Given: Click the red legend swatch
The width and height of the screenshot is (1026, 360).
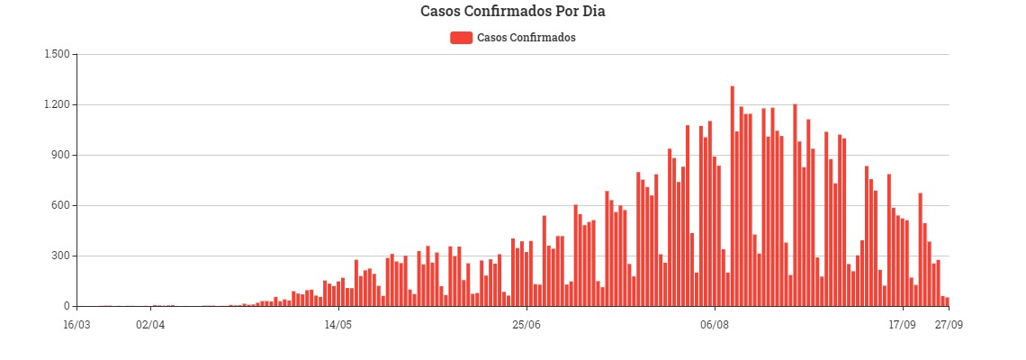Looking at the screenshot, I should (x=461, y=37).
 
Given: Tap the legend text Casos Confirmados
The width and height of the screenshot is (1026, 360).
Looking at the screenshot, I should (x=526, y=38).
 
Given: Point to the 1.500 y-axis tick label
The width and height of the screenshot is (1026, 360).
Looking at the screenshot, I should (x=56, y=54).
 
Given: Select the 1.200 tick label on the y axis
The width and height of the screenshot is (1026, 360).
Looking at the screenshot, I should (x=56, y=104).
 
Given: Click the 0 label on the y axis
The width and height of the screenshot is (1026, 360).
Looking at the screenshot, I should (x=66, y=306).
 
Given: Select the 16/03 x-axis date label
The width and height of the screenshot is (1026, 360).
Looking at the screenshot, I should (x=76, y=324).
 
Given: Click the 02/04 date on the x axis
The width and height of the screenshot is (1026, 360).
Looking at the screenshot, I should (x=150, y=324).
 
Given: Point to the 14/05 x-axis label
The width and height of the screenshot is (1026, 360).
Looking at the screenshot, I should (x=338, y=324).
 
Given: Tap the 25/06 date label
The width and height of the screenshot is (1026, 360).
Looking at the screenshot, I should (x=526, y=324).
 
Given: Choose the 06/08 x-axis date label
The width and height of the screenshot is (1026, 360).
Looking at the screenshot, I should (x=714, y=324).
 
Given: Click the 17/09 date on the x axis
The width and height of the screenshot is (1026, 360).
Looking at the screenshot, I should (x=902, y=324).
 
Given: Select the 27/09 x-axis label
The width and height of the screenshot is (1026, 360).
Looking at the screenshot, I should (x=947, y=324).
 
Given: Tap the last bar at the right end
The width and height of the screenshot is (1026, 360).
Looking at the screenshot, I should (x=947, y=301).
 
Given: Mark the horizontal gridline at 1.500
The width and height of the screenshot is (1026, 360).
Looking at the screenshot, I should (x=513, y=54).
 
